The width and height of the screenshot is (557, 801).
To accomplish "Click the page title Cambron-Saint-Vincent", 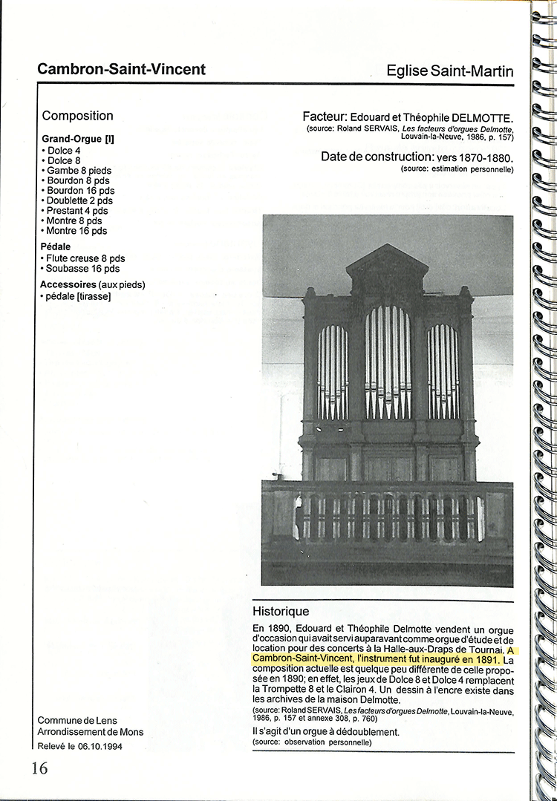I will tap(121, 70).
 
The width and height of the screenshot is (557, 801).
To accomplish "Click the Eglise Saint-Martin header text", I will tap(450, 71).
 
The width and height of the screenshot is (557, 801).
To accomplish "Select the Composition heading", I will tap(77, 116).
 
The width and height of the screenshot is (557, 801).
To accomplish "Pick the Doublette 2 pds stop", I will tap(79, 200).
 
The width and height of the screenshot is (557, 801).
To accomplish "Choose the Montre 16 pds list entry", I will tap(76, 231).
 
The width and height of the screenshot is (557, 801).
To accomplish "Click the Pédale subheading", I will tap(56, 246).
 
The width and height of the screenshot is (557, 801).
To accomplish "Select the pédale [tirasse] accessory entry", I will tap(77, 296).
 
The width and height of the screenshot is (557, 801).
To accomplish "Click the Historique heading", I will tap(281, 612).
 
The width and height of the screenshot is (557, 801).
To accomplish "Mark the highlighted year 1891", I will tap(486, 658).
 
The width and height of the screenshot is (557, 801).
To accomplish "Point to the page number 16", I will tap(39, 768).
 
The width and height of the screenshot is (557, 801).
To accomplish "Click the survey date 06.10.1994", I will tap(98, 747).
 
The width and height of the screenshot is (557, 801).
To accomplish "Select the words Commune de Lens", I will tap(77, 721).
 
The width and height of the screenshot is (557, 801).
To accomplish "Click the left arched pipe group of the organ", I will tap(332, 371).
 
